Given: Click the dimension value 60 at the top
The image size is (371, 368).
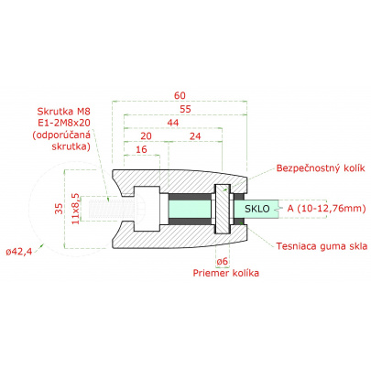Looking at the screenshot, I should (179, 93).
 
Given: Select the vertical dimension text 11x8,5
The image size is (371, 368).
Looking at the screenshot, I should (75, 210).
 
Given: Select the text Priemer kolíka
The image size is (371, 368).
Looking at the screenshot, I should (225, 274).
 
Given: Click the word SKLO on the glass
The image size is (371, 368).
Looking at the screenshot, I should (258, 210).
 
